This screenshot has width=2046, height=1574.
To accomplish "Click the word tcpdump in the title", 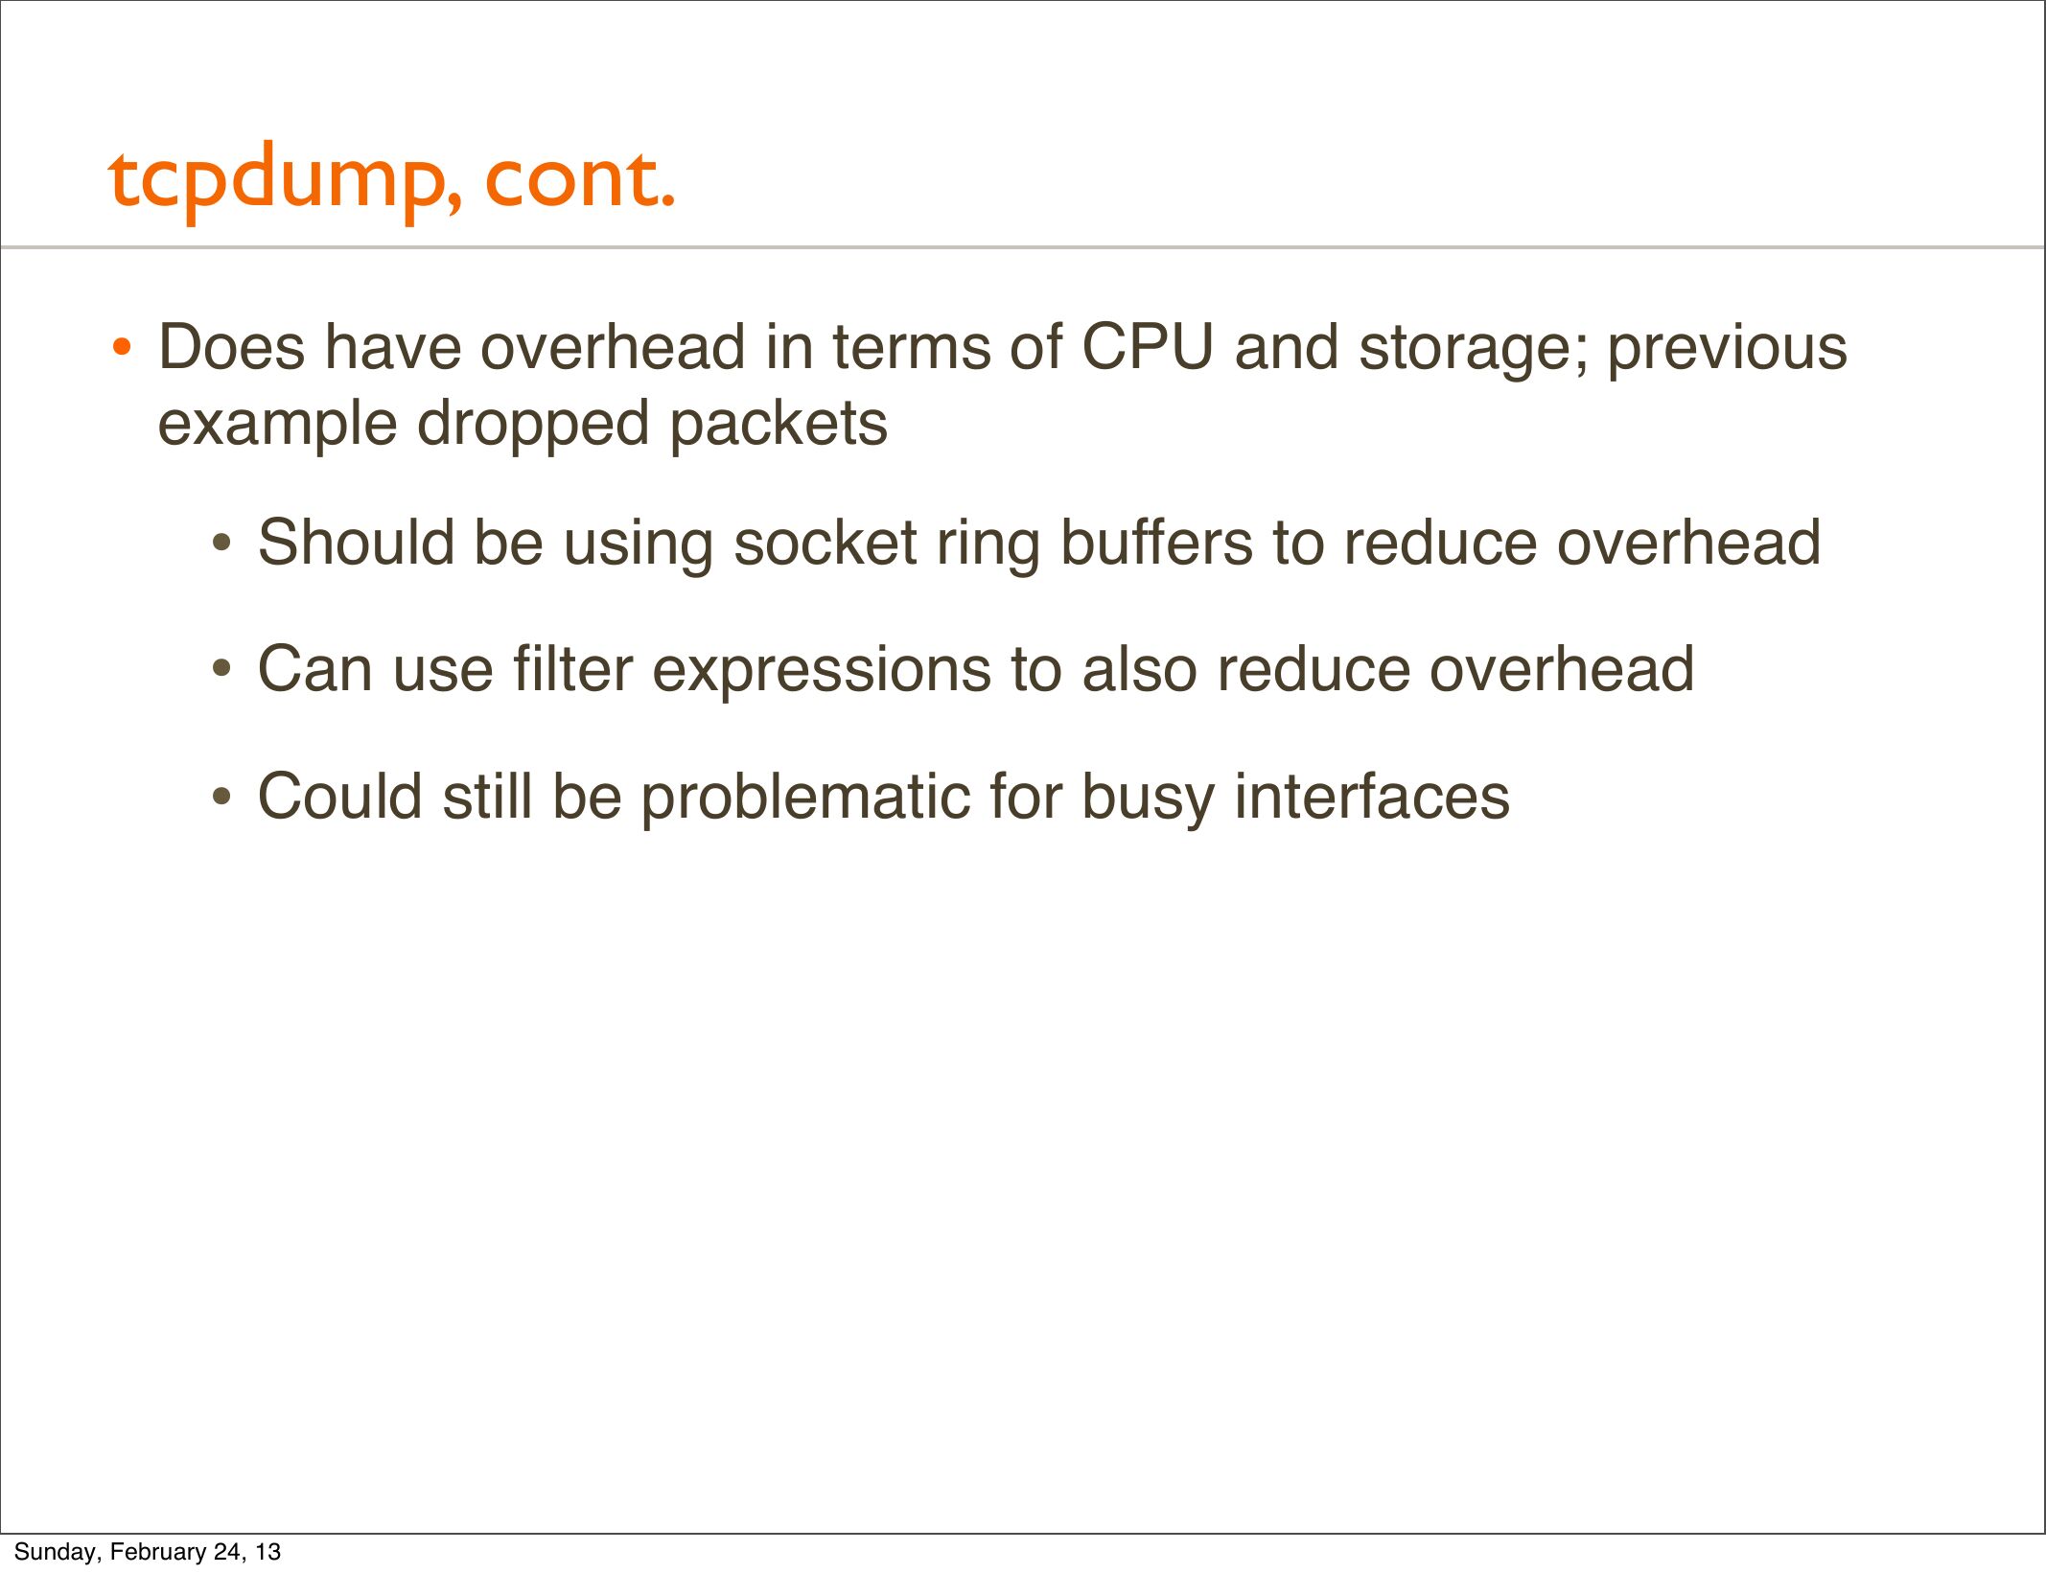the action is click(x=286, y=182).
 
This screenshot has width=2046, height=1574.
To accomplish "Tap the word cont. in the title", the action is click(x=580, y=180).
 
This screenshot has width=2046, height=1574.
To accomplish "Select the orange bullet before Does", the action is click(x=121, y=347).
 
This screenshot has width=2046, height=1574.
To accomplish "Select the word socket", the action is click(x=825, y=543).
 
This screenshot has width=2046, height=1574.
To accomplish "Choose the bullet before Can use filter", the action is click(x=221, y=670).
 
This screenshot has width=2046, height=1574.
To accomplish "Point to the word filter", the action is click(x=572, y=668).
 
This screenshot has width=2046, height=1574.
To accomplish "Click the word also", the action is click(x=1139, y=668).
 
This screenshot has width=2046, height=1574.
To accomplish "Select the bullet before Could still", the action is click(x=221, y=797).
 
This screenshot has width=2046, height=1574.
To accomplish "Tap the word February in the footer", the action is click(x=161, y=1552).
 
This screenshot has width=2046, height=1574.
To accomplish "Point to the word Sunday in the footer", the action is click(x=56, y=1552).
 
